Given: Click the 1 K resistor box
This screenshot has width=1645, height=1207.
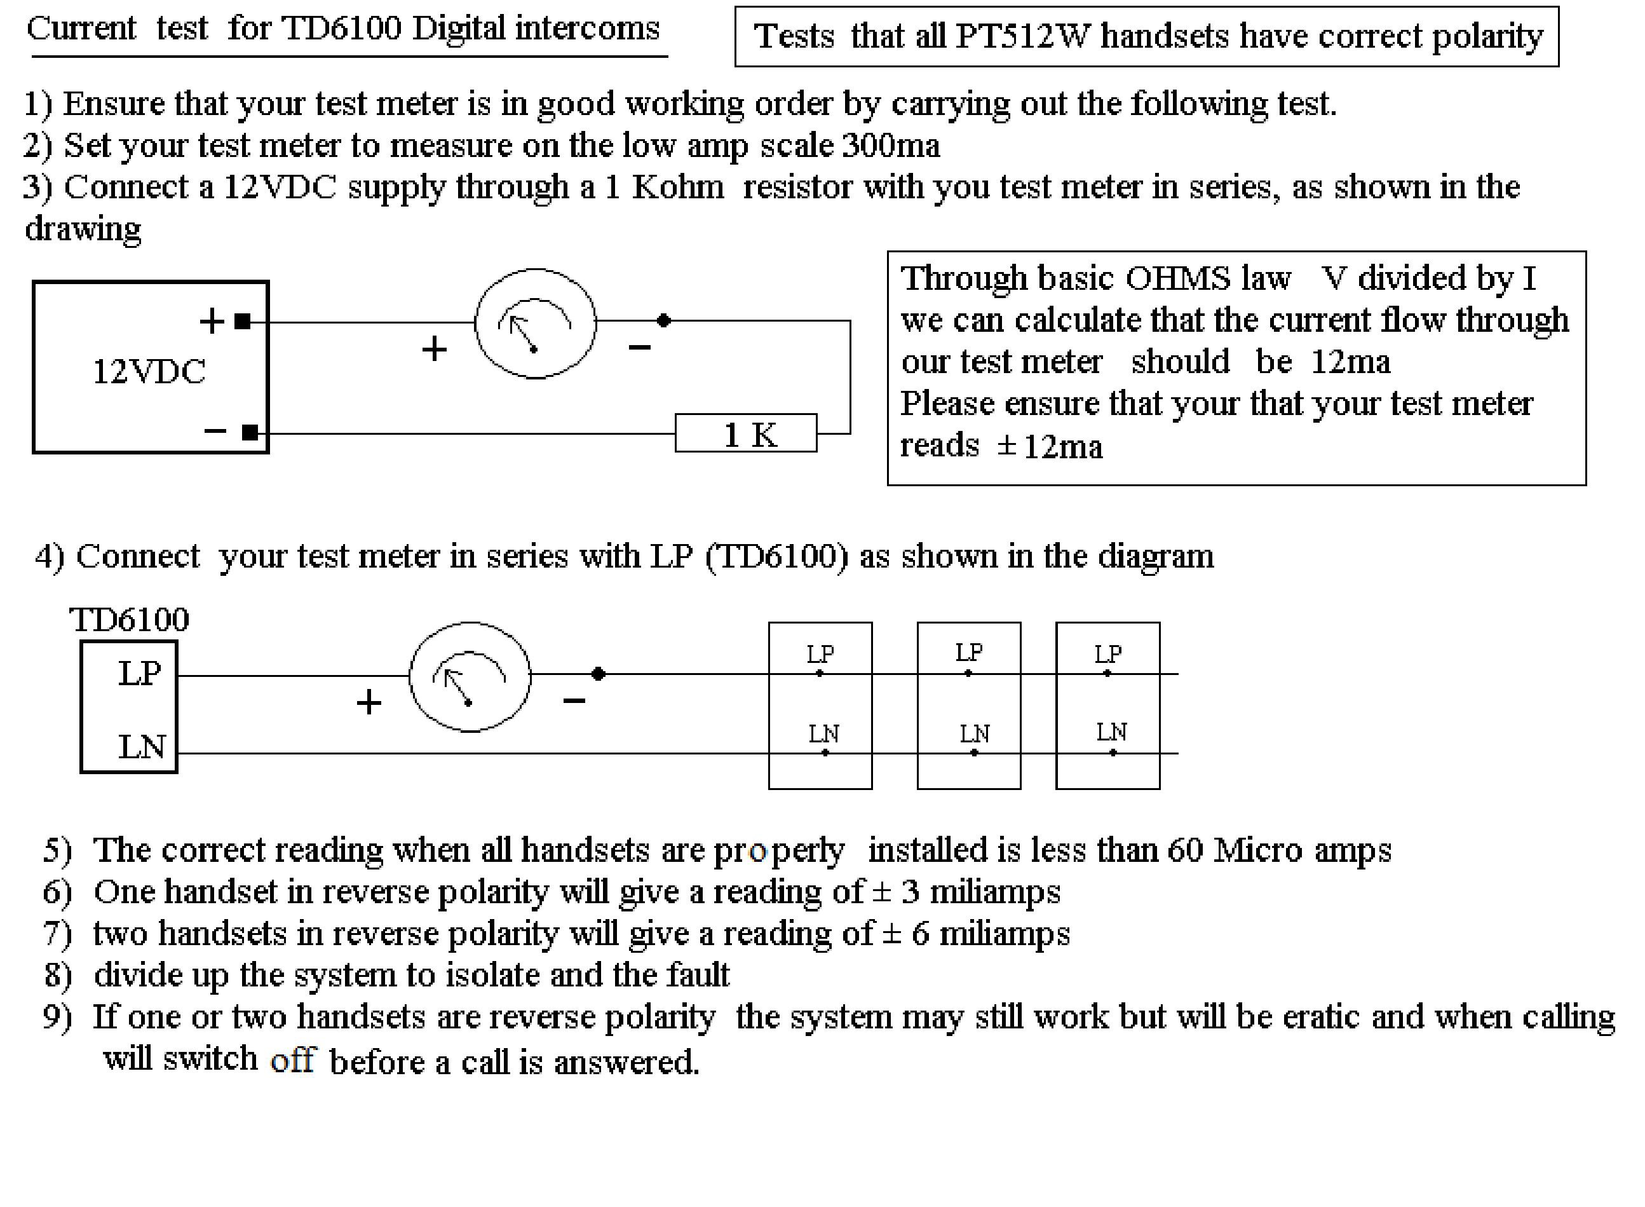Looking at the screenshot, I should [745, 433].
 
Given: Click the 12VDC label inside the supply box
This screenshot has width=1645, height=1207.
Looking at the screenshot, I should [149, 371].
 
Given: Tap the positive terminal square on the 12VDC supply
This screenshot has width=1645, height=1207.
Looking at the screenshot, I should [243, 321].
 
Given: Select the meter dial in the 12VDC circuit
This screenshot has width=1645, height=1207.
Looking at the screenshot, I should [536, 324].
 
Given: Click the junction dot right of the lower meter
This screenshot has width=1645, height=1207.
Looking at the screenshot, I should [599, 674].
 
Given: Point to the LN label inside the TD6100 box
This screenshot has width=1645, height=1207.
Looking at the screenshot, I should [142, 747].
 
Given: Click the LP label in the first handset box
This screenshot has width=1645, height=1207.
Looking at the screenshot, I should [820, 653].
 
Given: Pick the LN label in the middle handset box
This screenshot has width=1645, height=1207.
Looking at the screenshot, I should [973, 733].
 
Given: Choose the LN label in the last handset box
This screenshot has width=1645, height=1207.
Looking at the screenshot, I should [1111, 732].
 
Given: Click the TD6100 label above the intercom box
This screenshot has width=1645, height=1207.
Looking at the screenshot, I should [129, 620].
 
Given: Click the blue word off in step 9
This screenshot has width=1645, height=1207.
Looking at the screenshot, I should [292, 1060].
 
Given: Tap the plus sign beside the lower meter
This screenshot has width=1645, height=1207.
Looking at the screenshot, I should [369, 702].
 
